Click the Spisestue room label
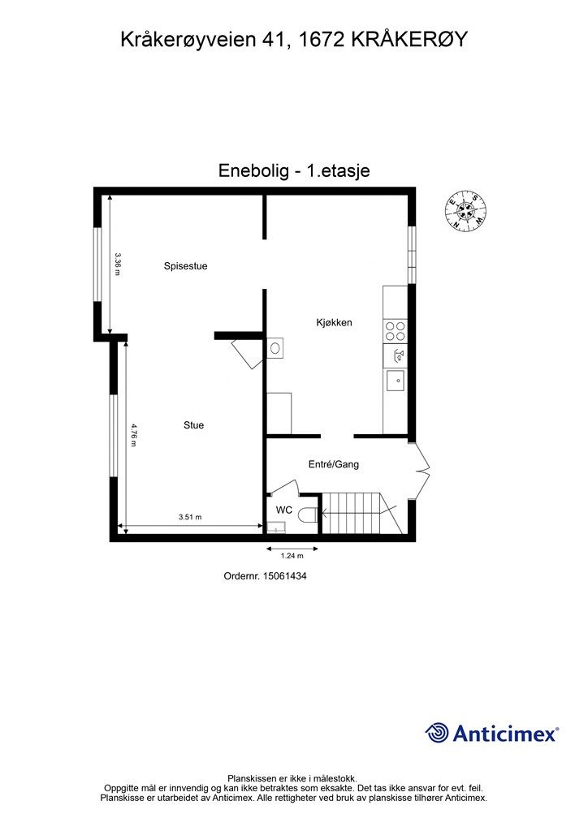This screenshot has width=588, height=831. (185, 265)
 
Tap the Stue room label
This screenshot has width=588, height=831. (193, 425)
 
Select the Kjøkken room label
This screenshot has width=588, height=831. (334, 322)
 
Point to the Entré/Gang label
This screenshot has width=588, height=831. (333, 465)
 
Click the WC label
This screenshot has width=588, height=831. (284, 510)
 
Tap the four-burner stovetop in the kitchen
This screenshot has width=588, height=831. (395, 330)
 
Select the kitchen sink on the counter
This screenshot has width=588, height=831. (396, 377)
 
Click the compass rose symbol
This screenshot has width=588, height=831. (465, 211)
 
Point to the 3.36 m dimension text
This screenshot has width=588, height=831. (118, 265)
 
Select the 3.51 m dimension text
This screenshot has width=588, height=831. (190, 517)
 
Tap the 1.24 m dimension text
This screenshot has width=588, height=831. (292, 556)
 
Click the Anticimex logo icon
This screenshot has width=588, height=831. (438, 732)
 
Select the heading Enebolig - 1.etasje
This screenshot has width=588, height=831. (294, 170)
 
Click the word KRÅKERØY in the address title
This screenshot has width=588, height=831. (409, 38)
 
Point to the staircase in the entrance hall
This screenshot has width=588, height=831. (361, 513)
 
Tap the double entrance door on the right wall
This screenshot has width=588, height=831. (421, 471)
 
